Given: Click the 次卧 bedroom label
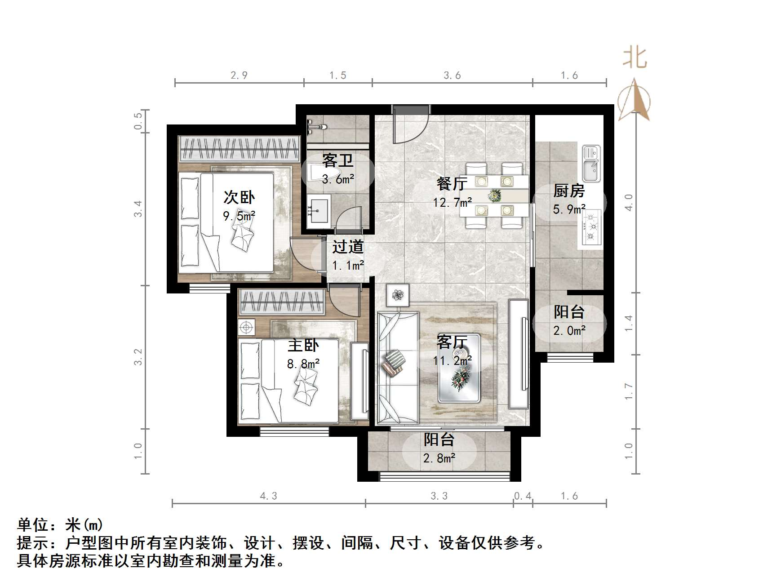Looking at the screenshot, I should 239,197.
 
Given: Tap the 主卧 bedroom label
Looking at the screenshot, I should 303,345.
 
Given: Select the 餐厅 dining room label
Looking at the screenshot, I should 452,184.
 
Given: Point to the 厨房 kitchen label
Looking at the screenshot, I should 569,191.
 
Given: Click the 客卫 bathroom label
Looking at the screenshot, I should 338,160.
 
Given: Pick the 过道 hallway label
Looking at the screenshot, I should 348,247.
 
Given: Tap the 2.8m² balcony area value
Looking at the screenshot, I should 439,458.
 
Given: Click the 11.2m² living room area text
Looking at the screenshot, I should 452,360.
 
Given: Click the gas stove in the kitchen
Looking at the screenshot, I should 591,227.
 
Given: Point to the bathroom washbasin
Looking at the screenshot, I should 319,210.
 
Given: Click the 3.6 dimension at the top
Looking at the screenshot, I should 452,75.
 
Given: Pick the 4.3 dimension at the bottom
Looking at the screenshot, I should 269,496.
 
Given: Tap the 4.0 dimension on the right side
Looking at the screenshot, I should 629,202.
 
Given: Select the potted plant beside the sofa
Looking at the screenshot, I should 398,295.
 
